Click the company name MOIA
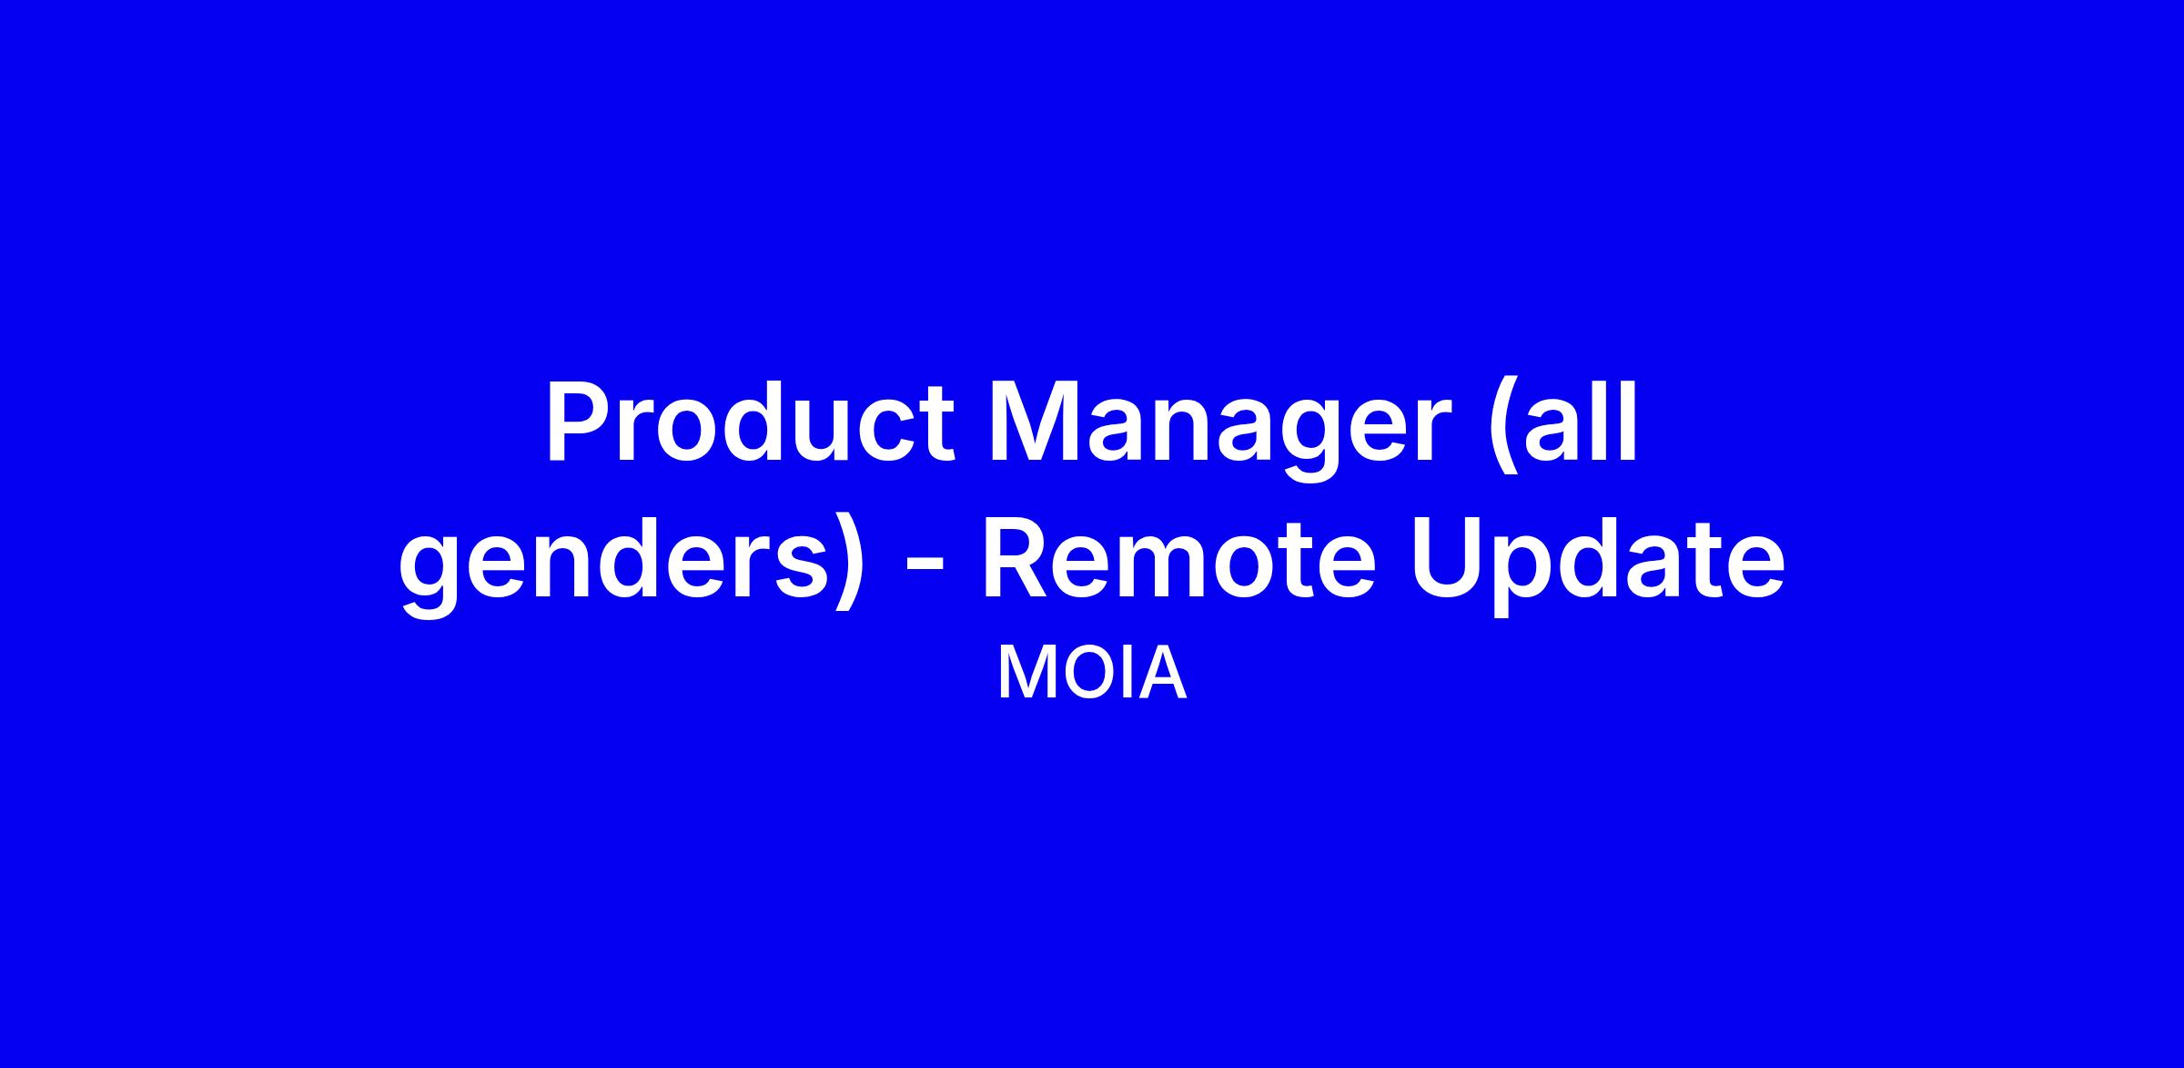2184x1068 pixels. pyautogui.click(x=1092, y=675)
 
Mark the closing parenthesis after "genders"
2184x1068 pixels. pyautogui.click(x=848, y=565)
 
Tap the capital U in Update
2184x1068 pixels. pyautogui.click(x=1447, y=560)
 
